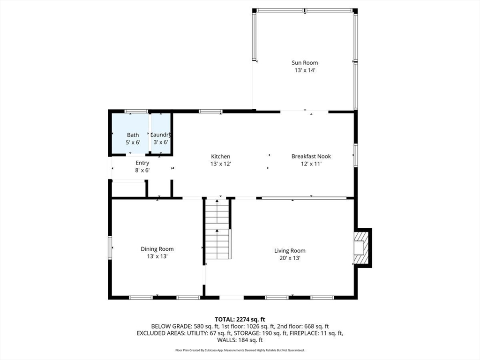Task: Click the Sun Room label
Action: pos(305,62)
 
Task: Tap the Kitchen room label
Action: pos(220,157)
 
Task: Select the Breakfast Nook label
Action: pos(311,157)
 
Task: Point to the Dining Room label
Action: pos(157,249)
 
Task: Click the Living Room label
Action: pos(290,251)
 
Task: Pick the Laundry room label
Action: pos(160,135)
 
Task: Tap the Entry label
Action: pos(142,163)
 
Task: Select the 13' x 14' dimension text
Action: pos(305,70)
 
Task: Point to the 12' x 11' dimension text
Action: pos(311,164)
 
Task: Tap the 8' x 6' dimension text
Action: pos(142,170)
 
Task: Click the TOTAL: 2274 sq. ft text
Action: pos(240,319)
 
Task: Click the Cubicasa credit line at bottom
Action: pos(240,350)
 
